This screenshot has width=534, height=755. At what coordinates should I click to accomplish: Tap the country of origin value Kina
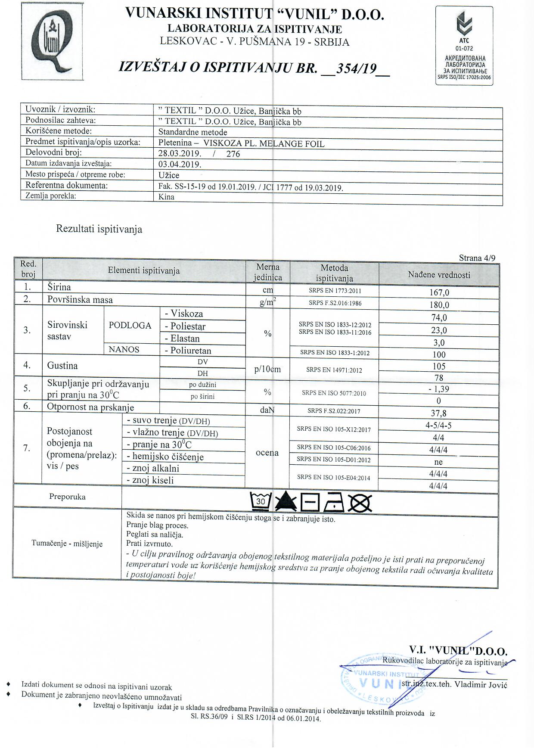tap(167, 197)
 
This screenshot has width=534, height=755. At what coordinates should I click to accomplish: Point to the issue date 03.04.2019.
tap(180, 164)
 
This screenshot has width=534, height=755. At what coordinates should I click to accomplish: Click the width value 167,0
tap(439, 292)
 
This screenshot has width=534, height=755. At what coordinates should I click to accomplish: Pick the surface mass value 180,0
tap(439, 305)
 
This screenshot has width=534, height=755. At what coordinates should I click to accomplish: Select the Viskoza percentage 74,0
tap(439, 318)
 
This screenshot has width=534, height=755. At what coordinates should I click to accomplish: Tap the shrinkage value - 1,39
tap(439, 389)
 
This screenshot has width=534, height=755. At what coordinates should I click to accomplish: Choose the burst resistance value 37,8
tap(439, 413)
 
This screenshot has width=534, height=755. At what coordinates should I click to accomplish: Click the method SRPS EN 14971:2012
tap(334, 370)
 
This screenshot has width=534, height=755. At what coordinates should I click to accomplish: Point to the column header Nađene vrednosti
tap(439, 275)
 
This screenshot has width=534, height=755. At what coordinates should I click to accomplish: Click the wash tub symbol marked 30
tap(261, 501)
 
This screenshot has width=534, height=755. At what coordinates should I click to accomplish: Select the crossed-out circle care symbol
tap(360, 502)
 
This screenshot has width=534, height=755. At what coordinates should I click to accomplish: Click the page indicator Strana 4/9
tap(477, 258)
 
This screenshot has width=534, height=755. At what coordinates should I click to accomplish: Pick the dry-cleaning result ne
tap(439, 462)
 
